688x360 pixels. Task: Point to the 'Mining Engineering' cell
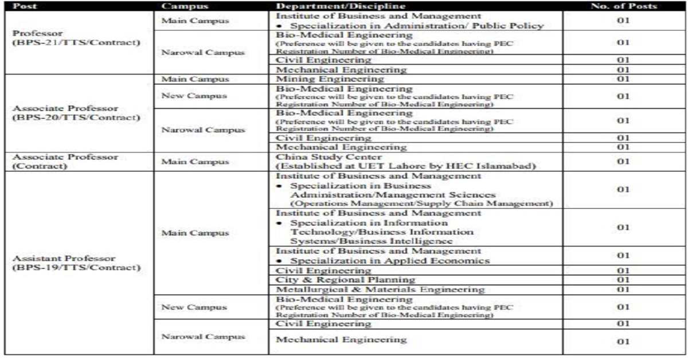(x=330, y=79)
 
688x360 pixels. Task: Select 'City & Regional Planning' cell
(x=346, y=280)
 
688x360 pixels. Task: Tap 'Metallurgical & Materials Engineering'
(x=380, y=289)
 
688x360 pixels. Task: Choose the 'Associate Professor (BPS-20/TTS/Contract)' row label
(x=76, y=113)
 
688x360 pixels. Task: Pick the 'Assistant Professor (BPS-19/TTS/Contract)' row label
(x=76, y=263)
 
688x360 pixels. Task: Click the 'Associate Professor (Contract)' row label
(x=65, y=162)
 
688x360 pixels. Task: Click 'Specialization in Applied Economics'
(x=390, y=261)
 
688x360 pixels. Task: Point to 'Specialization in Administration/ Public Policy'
(x=417, y=26)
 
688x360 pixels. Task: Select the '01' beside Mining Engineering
(x=624, y=79)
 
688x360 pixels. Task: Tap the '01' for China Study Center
(x=624, y=162)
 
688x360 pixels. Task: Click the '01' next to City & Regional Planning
(x=624, y=280)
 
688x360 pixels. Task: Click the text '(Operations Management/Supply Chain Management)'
(x=421, y=204)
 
